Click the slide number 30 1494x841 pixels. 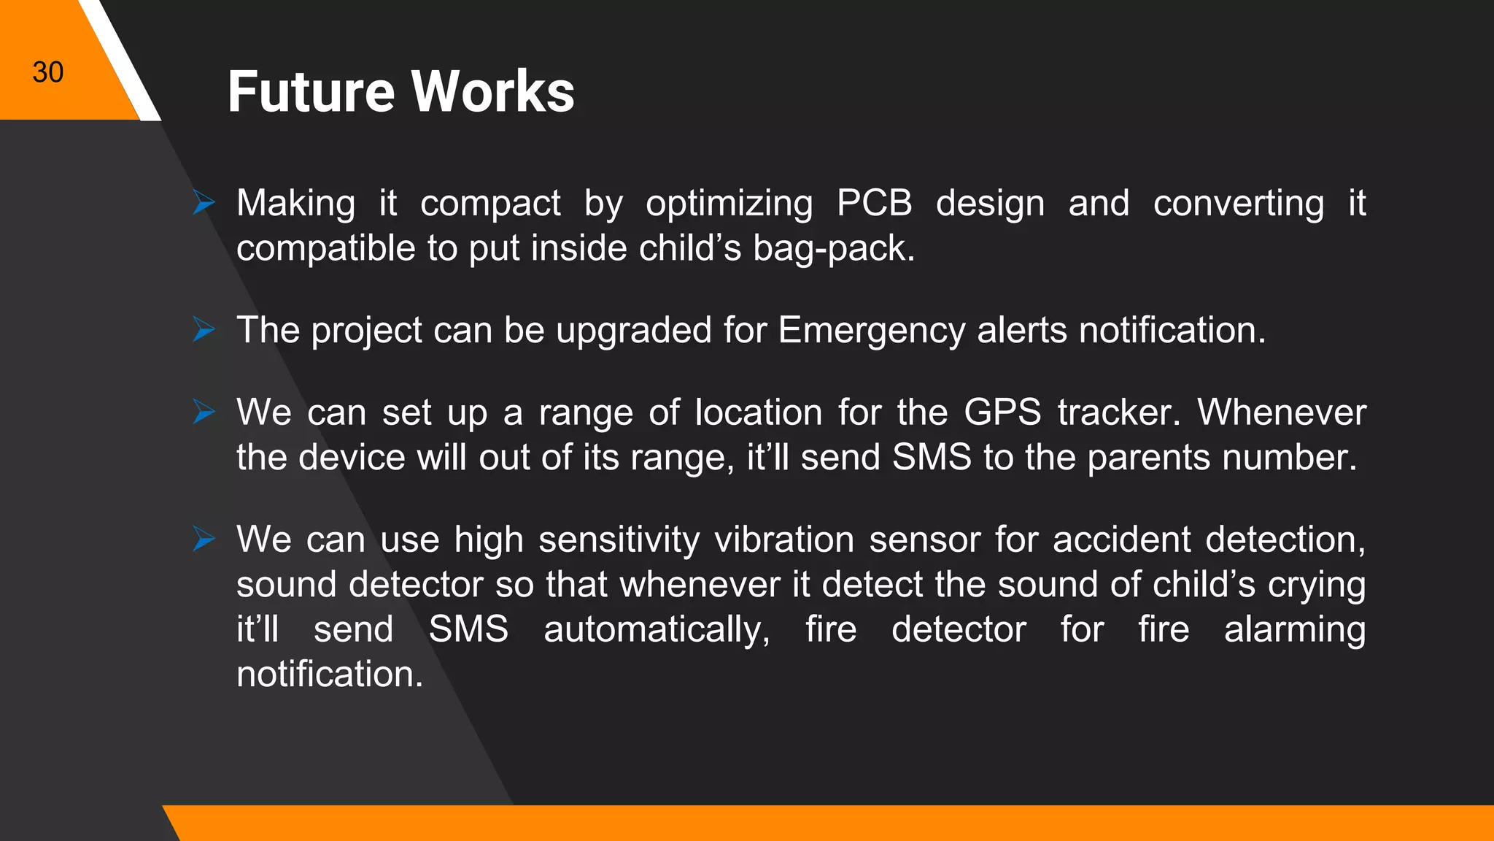coord(48,72)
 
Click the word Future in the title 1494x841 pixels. coord(311,92)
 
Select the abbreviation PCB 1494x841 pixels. coord(874,203)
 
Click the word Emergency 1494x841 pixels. coord(872,331)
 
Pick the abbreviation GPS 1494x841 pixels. coord(1002,412)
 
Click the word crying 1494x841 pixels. coord(1317,585)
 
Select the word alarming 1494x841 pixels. coord(1295,630)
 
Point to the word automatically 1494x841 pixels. coord(657,630)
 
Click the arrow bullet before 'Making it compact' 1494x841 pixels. coord(204,202)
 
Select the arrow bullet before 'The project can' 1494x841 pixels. coord(204,329)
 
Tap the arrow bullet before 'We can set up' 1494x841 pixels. coord(204,412)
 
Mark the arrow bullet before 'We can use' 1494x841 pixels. coord(204,539)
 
